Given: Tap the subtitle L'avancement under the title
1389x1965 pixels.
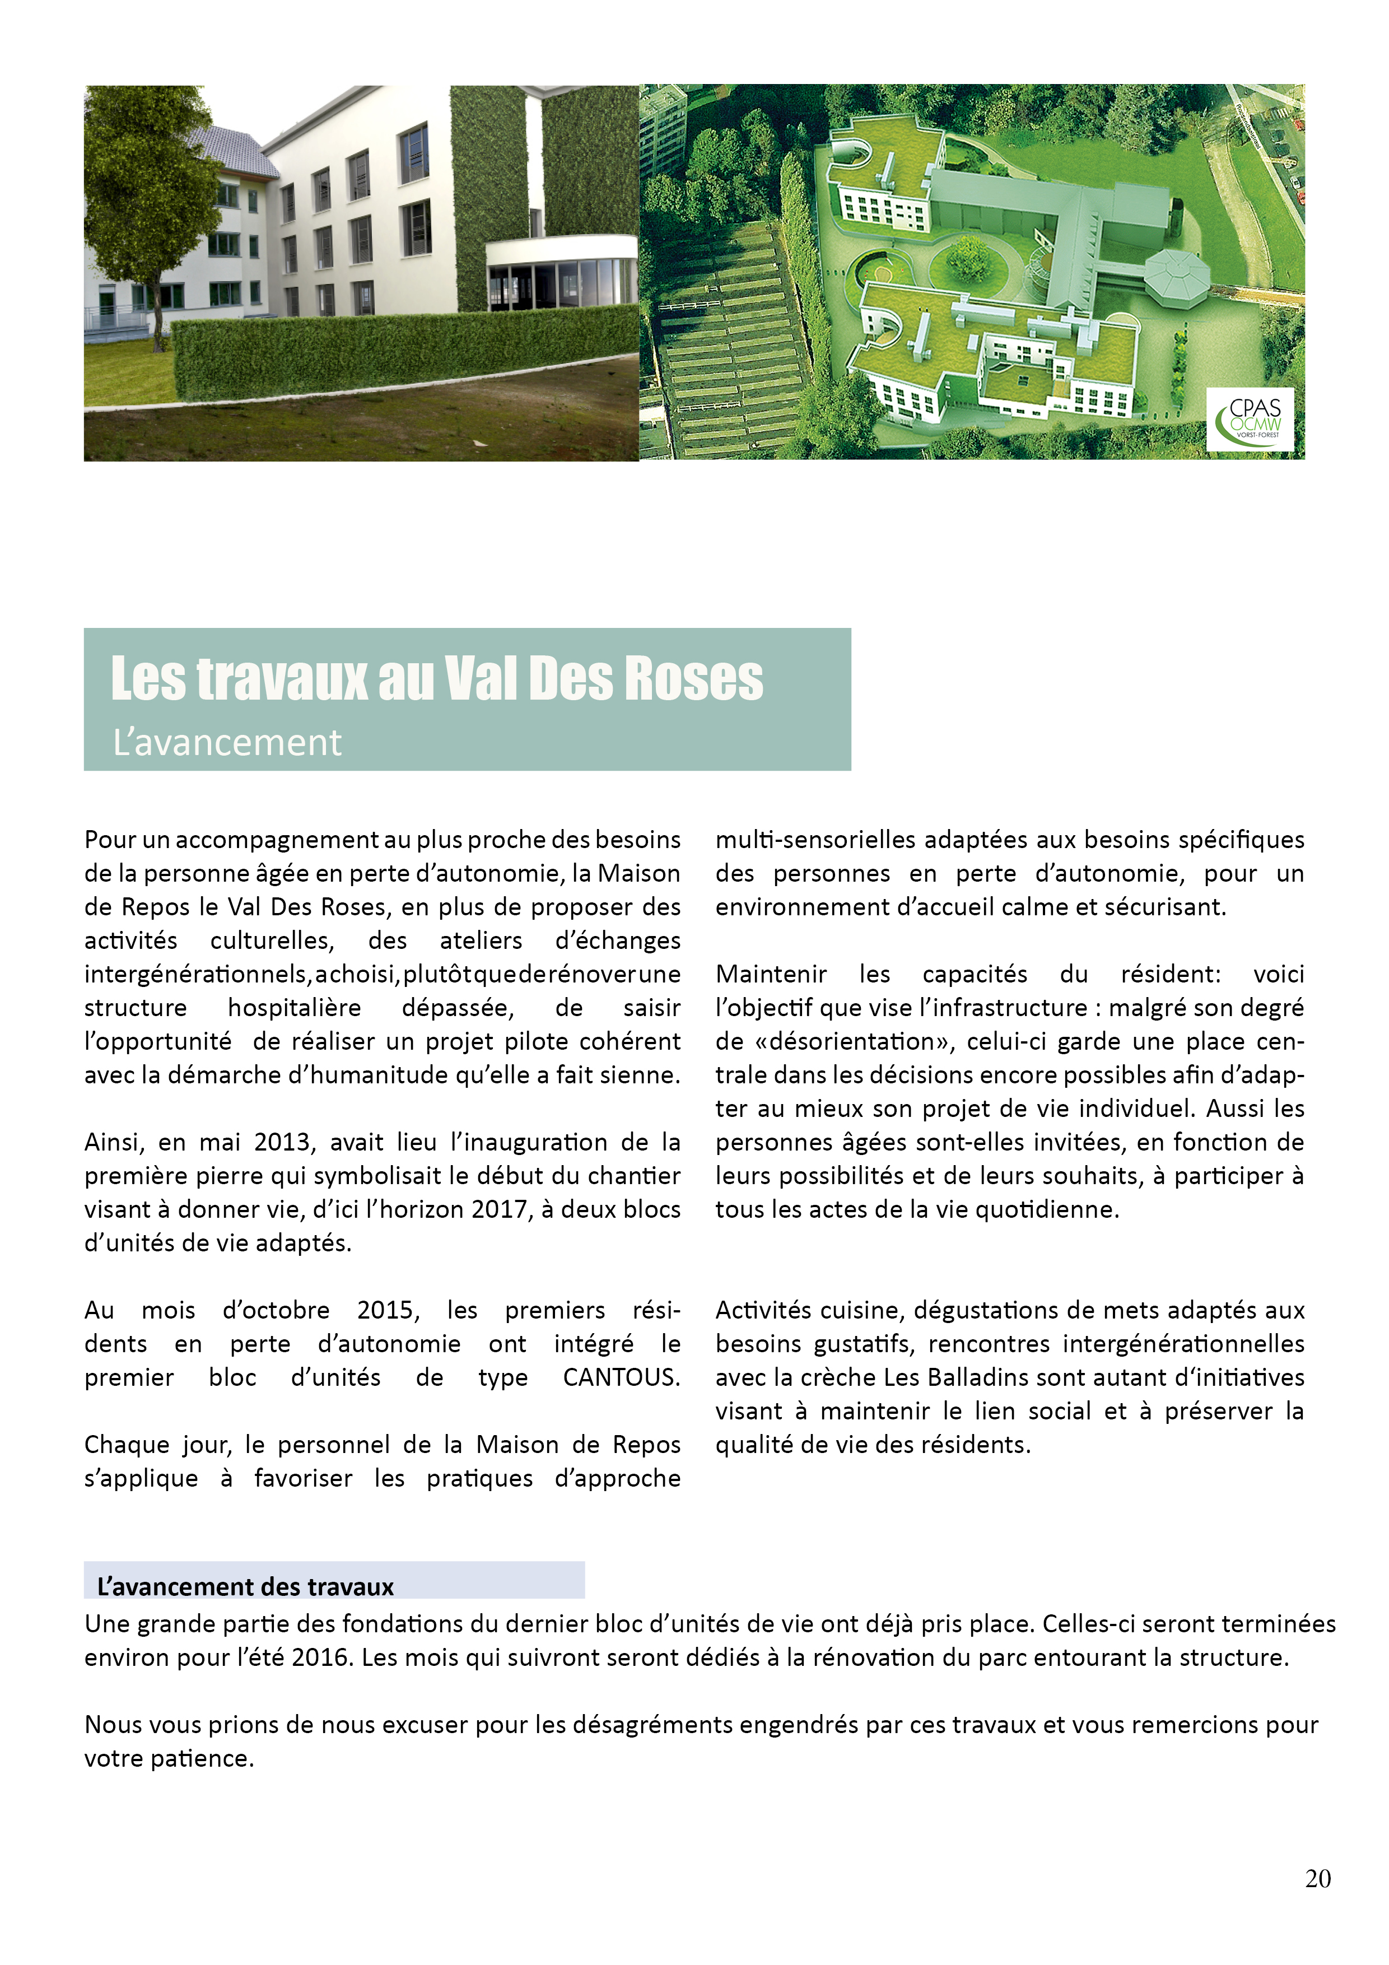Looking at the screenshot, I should click(x=227, y=742).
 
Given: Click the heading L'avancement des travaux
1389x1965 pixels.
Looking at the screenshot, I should click(x=246, y=1587).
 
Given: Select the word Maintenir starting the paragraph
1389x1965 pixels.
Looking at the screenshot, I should click(x=771, y=974).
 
